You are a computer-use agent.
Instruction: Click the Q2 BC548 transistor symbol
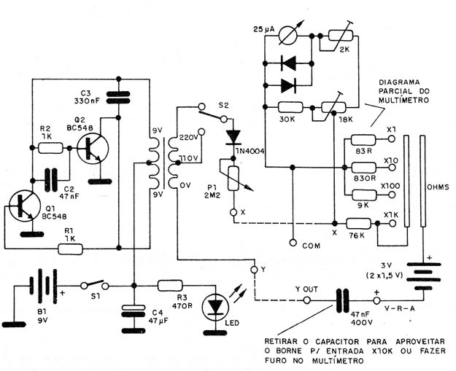[93, 149]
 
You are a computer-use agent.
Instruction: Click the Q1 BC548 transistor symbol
[24, 206]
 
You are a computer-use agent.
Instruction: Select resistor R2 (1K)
[50, 148]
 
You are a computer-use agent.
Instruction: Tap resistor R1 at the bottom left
[71, 249]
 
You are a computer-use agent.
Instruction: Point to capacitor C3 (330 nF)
[118, 98]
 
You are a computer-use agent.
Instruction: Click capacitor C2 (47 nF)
[51, 180]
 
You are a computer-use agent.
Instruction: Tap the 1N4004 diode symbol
[233, 137]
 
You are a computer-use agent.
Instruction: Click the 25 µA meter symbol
[288, 36]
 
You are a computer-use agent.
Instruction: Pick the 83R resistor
[363, 140]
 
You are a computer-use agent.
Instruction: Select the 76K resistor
[358, 224]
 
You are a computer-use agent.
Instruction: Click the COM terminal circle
[293, 242]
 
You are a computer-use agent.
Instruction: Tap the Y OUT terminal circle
[306, 300]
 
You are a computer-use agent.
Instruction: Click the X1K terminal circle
[392, 224]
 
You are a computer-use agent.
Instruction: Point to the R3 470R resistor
[170, 286]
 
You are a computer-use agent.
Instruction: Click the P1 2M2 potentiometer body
[233, 179]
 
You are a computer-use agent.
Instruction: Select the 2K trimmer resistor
[341, 36]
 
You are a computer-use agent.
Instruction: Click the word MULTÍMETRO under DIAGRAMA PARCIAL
[403, 101]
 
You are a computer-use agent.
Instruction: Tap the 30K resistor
[290, 107]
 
